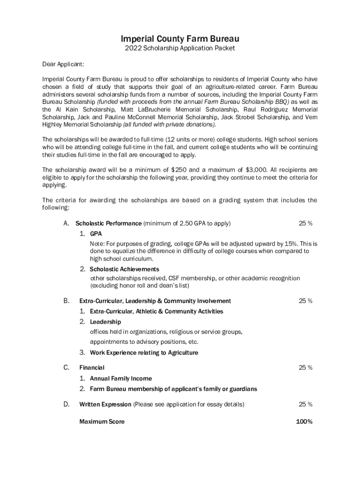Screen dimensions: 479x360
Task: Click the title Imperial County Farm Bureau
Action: [x=180, y=38]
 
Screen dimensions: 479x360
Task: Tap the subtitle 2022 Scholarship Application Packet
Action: [x=180, y=48]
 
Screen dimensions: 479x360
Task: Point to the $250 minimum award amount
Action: [x=179, y=169]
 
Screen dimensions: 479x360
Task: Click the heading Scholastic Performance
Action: [x=108, y=223]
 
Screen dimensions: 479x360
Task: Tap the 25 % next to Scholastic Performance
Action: [x=305, y=223]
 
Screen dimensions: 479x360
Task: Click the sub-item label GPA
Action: [x=96, y=233]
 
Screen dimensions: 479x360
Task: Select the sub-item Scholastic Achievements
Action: [x=124, y=269]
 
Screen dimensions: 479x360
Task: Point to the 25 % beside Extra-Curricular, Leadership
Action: [x=305, y=301]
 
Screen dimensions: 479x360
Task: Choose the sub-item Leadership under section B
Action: [x=105, y=322]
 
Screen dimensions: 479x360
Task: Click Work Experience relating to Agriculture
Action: [x=144, y=353]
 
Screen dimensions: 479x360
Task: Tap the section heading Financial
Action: [x=92, y=368]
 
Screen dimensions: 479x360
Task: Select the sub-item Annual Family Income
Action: [x=121, y=378]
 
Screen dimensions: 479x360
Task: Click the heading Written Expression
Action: [x=106, y=404]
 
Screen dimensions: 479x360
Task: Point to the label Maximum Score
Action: [x=102, y=421]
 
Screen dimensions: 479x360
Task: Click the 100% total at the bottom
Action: [x=304, y=421]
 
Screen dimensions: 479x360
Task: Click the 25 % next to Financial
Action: [x=305, y=368]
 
